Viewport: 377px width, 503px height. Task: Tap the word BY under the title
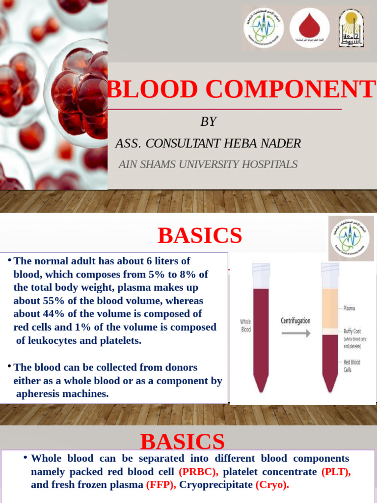coord(208,122)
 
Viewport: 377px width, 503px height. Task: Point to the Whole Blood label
coord(245,326)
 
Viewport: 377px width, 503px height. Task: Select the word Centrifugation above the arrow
coord(295,321)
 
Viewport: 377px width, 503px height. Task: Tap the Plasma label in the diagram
coord(349,308)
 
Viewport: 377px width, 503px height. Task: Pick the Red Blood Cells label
coord(351,365)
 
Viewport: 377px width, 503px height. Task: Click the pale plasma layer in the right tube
coord(329,307)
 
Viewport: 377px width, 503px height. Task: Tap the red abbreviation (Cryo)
coord(272,485)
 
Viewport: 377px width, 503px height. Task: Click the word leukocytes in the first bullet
coord(53,340)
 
